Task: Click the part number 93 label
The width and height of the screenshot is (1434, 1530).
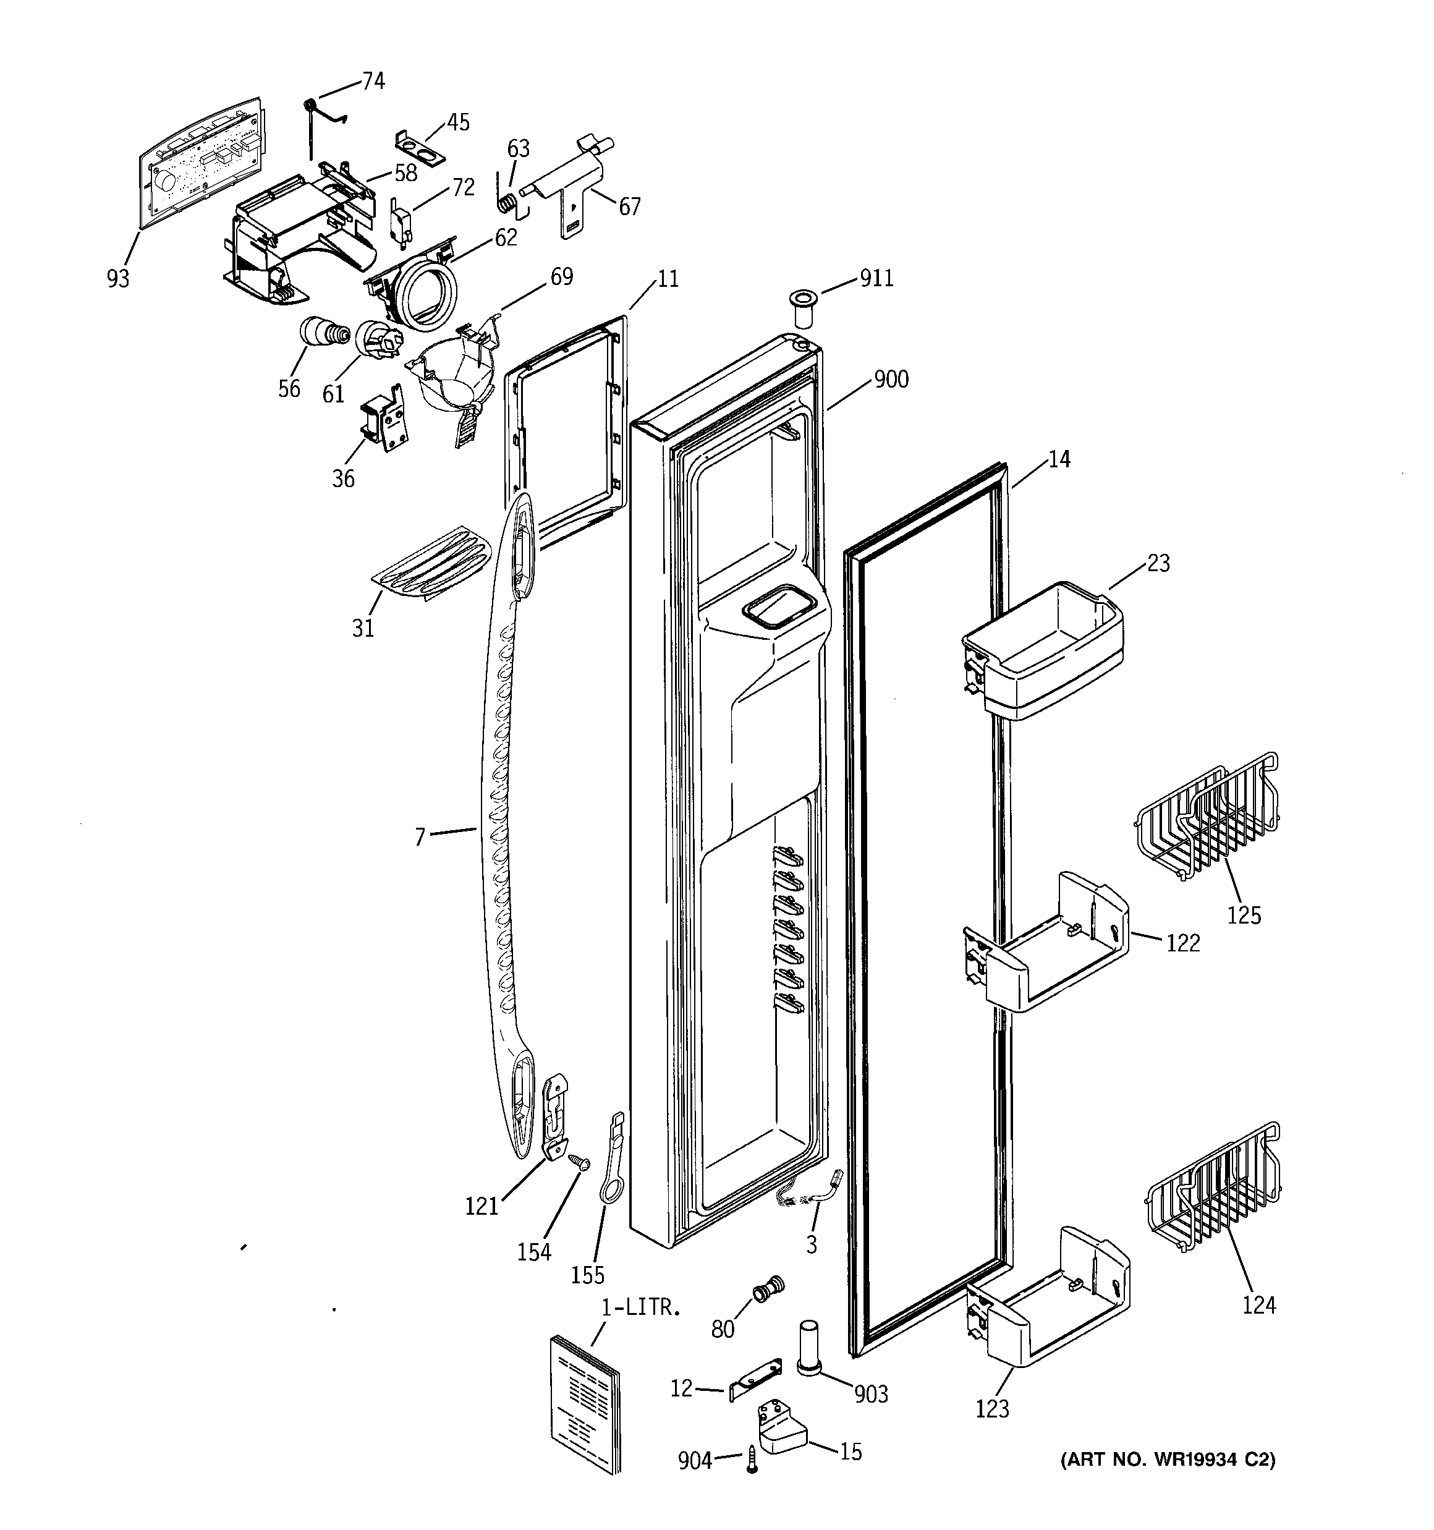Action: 118,278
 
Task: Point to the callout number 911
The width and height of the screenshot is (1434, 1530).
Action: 876,278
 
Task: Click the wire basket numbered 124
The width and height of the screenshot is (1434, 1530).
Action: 1214,1189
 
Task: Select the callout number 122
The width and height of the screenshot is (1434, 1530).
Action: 1183,943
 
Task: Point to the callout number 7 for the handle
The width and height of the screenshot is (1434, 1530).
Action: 420,836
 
